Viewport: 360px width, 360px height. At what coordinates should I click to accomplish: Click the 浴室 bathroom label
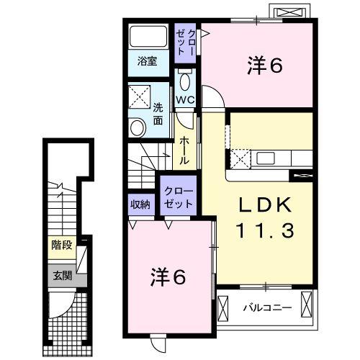(148, 62)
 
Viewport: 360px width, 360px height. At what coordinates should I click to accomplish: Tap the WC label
(184, 99)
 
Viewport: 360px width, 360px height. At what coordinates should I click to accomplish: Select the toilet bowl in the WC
(185, 80)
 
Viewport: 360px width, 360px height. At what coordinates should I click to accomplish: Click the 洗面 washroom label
(158, 114)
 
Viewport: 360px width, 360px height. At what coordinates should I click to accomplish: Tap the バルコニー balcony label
(266, 307)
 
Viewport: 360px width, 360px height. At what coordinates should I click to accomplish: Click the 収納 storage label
(140, 204)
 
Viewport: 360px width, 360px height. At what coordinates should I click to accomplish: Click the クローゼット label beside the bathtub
(182, 40)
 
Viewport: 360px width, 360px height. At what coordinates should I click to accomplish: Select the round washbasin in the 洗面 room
(136, 127)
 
